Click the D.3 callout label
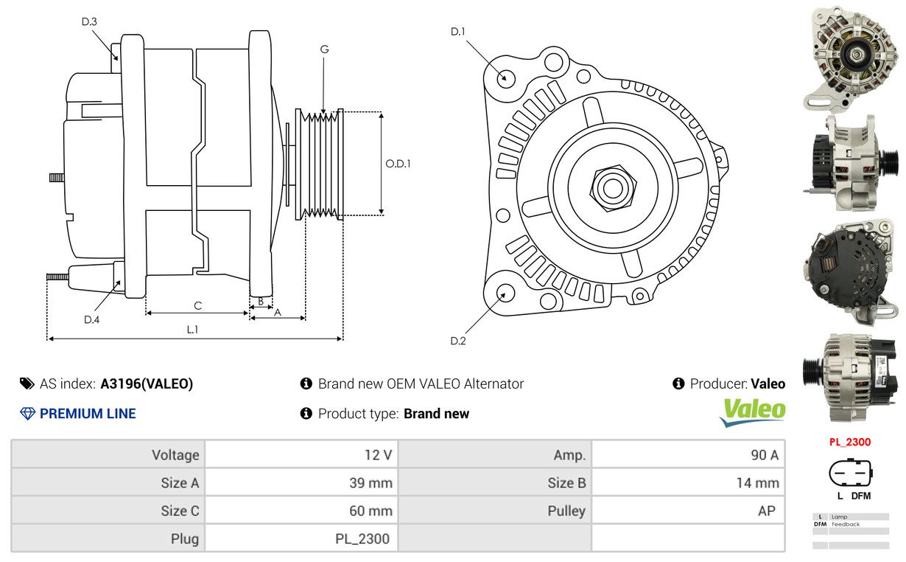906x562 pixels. tap(89, 22)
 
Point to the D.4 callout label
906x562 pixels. tap(91, 319)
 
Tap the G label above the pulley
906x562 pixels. tap(324, 49)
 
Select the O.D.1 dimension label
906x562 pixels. tap(398, 164)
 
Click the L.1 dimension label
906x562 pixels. tap(192, 330)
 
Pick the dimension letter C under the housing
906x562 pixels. tap(197, 305)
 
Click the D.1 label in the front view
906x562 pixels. tap(458, 32)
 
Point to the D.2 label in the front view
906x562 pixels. tap(458, 341)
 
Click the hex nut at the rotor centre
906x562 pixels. tap(612, 187)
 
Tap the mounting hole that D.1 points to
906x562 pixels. tap(506, 77)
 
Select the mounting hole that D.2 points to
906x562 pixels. tap(505, 292)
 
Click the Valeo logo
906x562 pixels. tap(752, 412)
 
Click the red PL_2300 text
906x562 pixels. tap(849, 443)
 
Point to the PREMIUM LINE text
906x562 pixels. tap(88, 414)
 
